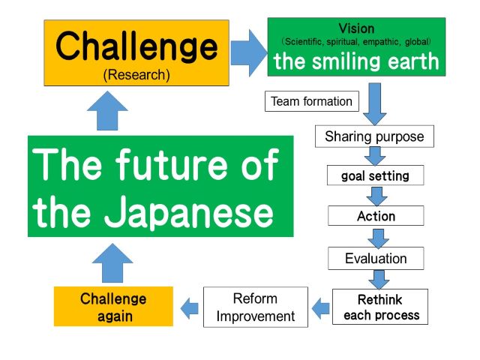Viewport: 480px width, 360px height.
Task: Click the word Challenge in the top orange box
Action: click(x=136, y=46)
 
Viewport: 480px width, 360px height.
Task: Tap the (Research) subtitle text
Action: click(x=136, y=75)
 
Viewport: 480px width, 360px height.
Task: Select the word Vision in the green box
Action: click(x=357, y=28)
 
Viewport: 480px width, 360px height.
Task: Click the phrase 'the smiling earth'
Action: click(x=357, y=61)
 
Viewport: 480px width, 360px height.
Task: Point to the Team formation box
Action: click(x=312, y=101)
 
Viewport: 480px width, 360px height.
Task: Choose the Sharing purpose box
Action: click(x=374, y=136)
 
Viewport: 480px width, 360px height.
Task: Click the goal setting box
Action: click(x=375, y=175)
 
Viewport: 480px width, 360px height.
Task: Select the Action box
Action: click(x=376, y=216)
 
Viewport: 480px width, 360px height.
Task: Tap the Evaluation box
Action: click(x=376, y=258)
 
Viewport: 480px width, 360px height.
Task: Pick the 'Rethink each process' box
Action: click(x=380, y=307)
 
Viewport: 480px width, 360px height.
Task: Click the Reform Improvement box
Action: click(x=256, y=307)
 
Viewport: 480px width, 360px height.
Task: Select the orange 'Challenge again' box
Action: click(x=113, y=307)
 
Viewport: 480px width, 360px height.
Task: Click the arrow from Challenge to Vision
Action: click(x=249, y=53)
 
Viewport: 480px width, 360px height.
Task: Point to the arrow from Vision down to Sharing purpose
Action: click(x=375, y=104)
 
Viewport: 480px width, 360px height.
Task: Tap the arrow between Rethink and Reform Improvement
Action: click(x=321, y=308)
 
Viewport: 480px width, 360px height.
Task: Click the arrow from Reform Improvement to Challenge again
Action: click(x=190, y=308)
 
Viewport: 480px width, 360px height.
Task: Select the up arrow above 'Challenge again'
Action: click(x=112, y=263)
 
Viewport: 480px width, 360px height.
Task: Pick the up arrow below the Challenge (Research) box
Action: click(x=107, y=110)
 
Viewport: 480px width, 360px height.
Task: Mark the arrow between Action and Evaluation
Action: click(x=378, y=238)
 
